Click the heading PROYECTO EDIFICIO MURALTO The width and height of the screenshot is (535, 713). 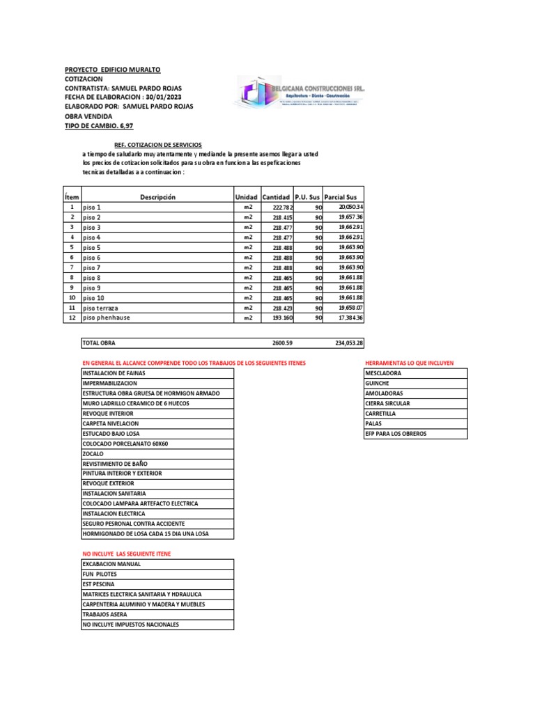point(112,70)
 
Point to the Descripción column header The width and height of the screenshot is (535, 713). point(157,197)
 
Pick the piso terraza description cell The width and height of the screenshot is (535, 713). point(101,308)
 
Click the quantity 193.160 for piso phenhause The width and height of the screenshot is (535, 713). point(283,318)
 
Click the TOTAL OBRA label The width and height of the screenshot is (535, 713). point(99,343)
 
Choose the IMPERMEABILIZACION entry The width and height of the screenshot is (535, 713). point(110,384)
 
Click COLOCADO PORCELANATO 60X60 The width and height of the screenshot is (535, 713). point(125,444)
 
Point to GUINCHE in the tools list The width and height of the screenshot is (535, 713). point(378,384)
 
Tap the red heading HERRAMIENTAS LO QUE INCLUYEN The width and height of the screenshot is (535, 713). point(409,363)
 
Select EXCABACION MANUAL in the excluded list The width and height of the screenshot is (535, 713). point(111,564)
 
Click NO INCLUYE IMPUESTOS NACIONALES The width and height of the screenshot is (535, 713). point(130,625)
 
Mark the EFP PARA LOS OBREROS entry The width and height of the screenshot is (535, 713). point(396,433)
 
